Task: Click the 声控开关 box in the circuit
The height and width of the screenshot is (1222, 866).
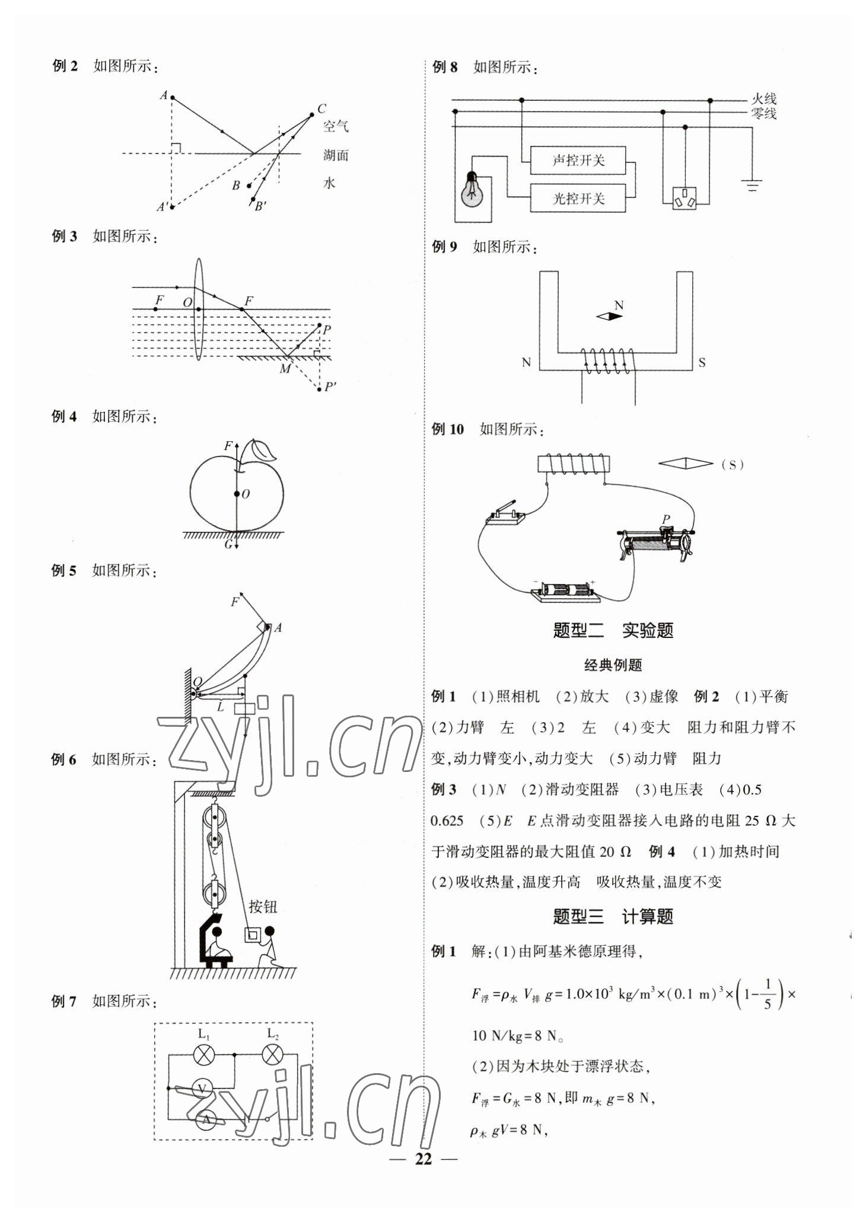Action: coord(578,160)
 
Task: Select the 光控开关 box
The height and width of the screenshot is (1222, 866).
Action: coord(578,198)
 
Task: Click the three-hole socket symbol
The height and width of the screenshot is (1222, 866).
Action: coord(686,198)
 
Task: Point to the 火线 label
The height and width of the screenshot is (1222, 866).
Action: coord(763,99)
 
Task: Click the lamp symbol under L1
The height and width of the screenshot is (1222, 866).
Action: coord(205,1055)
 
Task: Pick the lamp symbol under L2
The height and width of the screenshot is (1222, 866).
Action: coord(272,1055)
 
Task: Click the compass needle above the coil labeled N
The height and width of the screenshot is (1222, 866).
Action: coord(610,317)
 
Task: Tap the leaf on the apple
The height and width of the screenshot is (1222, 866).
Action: coord(262,451)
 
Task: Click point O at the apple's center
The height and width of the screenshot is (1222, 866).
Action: coord(237,493)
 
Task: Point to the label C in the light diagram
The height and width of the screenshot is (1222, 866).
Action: coord(321,109)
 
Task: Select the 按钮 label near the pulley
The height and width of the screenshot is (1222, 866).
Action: coord(263,907)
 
